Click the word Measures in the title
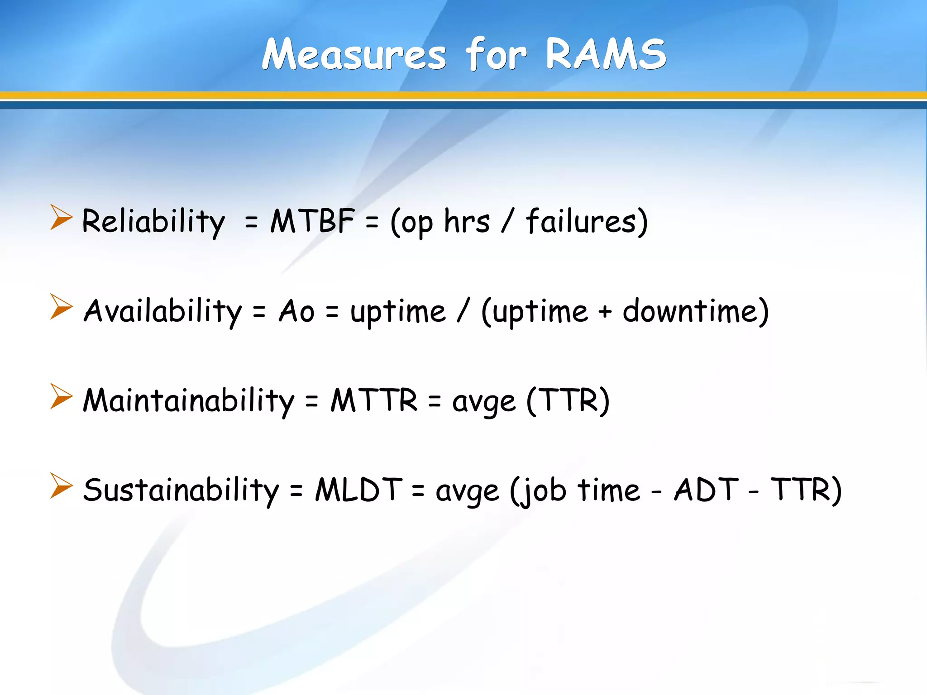coord(354,55)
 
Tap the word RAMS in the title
coord(606,55)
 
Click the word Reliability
coord(153,221)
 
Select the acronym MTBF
coord(312,221)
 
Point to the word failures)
coord(587,221)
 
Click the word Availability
coord(163,311)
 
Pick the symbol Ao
coord(296,311)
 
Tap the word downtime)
coord(695,311)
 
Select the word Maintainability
coord(188,400)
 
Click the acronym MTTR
coord(374,400)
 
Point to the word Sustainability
coord(181,490)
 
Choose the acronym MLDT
coord(358,490)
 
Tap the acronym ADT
coord(706,490)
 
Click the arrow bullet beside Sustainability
coord(61,486)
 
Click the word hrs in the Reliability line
coord(467,221)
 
